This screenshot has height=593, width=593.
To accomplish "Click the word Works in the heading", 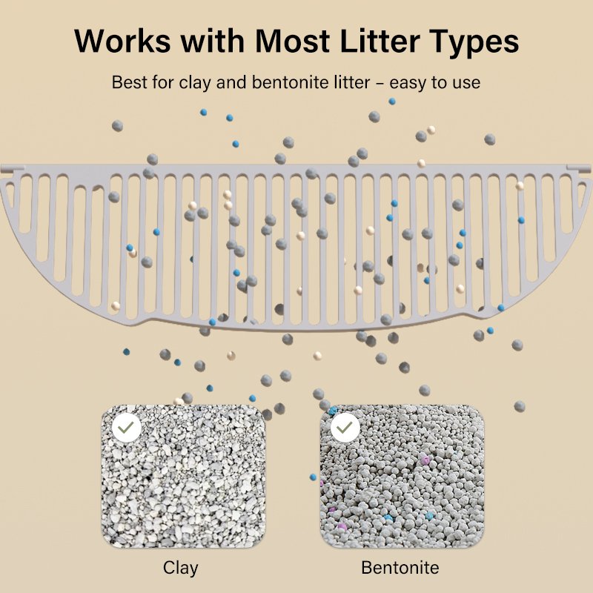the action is [122, 40].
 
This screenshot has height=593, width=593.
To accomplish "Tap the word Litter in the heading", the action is [380, 40].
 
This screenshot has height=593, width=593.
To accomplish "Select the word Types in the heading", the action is [474, 42].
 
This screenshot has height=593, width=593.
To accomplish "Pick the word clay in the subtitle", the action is [195, 83].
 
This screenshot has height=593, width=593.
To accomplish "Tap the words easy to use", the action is [435, 83].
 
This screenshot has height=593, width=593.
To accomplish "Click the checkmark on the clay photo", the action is [126, 428].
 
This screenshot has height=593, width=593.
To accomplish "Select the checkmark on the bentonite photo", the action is [345, 428].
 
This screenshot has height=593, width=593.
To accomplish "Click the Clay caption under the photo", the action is [180, 569].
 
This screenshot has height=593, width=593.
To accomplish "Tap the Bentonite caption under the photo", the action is [400, 568].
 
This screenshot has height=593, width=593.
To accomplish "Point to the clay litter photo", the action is [183, 477].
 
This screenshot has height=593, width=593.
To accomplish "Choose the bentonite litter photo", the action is [402, 477].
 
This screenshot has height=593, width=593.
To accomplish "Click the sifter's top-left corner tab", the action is [13, 168].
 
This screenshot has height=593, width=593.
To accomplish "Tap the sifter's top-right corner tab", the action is [579, 168].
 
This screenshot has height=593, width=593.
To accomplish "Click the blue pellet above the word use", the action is [392, 102].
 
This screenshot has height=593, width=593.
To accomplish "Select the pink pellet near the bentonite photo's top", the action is [425, 460].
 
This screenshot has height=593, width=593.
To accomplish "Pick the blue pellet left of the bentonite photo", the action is [313, 477].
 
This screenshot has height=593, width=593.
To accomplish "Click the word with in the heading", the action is [213, 40].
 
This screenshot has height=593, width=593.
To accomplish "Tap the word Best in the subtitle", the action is [129, 82].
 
